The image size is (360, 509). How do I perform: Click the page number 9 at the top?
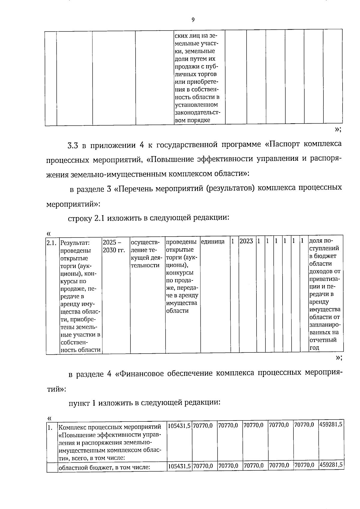point(193,20)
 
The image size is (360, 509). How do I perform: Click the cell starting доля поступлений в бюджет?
point(325,294)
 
